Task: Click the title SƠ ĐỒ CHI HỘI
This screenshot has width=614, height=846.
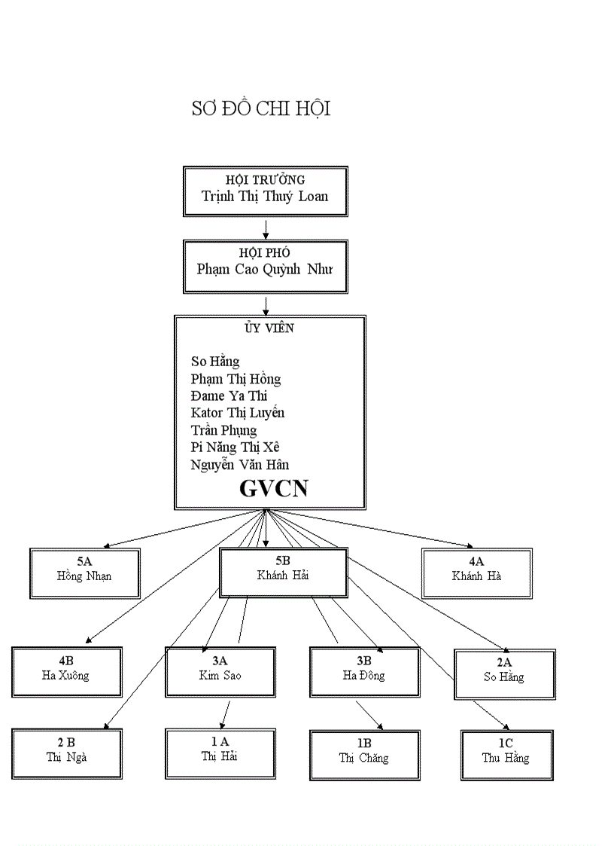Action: coord(261,109)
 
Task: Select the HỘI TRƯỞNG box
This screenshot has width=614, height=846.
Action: coord(266,191)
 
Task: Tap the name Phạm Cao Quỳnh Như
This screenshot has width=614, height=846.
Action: coord(265,269)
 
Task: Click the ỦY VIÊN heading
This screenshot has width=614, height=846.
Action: coord(269,328)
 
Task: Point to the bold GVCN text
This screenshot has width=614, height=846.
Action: coord(273,489)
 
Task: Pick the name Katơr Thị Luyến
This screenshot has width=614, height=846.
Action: coord(238,413)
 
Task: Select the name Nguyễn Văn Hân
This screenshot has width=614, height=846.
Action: coord(240,465)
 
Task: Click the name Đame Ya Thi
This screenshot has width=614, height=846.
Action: coord(229,396)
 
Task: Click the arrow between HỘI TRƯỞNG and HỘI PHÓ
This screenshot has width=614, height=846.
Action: coord(266,229)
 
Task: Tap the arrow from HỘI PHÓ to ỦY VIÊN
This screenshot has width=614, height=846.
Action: coord(266,305)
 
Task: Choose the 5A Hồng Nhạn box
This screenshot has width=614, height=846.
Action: coord(85,573)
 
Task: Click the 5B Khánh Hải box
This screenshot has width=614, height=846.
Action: coord(283,573)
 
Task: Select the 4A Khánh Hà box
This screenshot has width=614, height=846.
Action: coord(477,573)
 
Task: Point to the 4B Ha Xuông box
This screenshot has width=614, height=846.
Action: coord(66,672)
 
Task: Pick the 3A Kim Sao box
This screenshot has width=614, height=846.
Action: coord(220,672)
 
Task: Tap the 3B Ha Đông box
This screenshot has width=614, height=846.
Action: coord(364,672)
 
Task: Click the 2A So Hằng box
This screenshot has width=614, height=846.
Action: coord(504,674)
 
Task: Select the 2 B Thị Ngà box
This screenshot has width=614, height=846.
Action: coord(66,753)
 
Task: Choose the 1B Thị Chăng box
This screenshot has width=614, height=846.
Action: coord(364,755)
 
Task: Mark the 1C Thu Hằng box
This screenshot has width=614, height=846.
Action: coord(506,755)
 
